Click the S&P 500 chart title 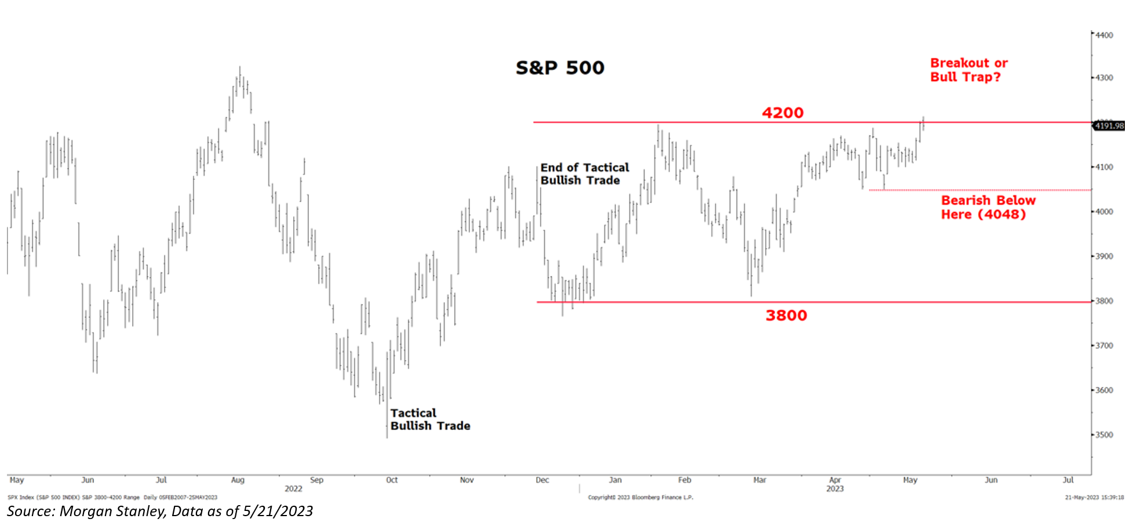tap(560, 68)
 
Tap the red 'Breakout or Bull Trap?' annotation tap(968, 70)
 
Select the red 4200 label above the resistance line tap(782, 113)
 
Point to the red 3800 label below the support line tap(786, 315)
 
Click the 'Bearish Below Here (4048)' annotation tap(988, 208)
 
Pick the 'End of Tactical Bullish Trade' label tap(584, 174)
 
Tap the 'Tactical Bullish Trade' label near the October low tap(430, 419)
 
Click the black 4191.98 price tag tap(1109, 126)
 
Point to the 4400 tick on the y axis tap(1104, 35)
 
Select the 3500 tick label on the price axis tap(1104, 435)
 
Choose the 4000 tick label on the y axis tap(1104, 212)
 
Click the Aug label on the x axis tap(238, 480)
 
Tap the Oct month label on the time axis tap(392, 480)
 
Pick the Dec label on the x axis tap(542, 480)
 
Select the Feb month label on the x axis tap(684, 480)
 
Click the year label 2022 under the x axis tap(293, 489)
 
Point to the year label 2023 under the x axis tap(835, 489)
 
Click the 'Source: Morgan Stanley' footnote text tap(160, 511)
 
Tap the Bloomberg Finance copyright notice tap(640, 498)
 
